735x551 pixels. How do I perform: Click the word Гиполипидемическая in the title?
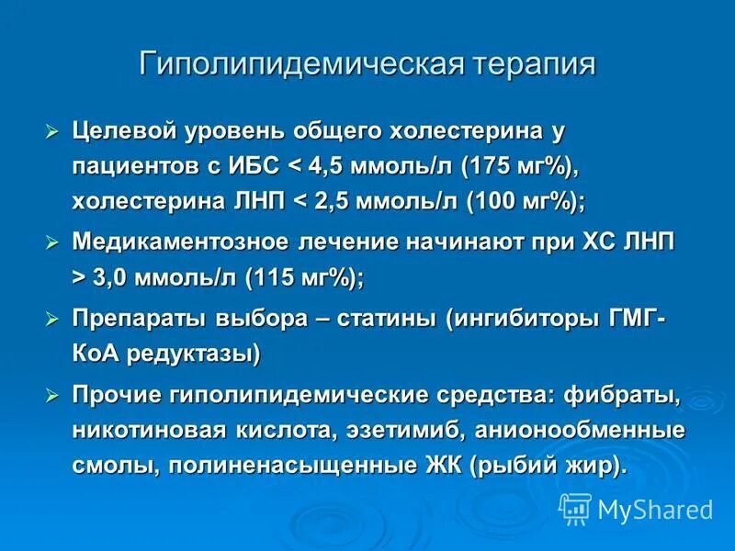[x=301, y=65]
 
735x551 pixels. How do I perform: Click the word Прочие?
[x=117, y=396]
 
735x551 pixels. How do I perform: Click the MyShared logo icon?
[x=575, y=507]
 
